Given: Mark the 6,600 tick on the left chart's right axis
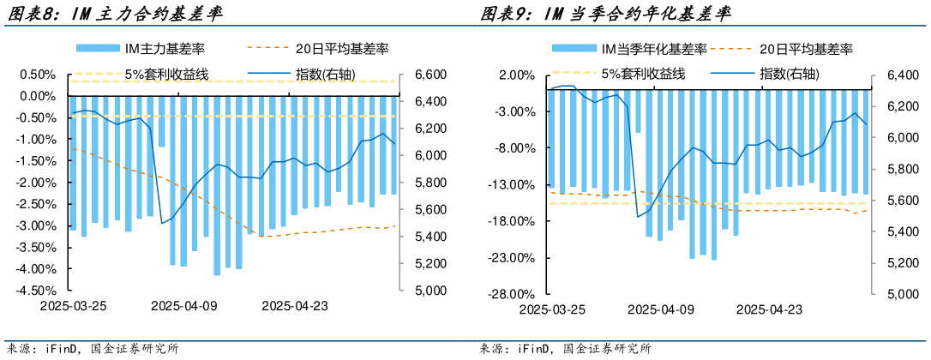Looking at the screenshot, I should tap(428, 75).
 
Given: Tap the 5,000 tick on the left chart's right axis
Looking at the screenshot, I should tap(428, 291).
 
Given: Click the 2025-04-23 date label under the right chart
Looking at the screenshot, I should tap(770, 309).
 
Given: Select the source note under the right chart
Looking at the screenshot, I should tap(566, 349).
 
